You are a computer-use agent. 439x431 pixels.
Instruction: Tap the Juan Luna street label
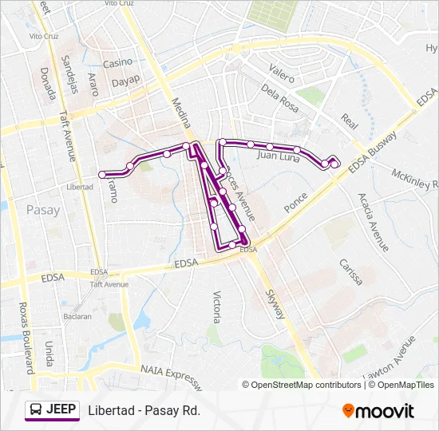[x=277, y=156]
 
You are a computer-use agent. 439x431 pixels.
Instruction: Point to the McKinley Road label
[x=414, y=180]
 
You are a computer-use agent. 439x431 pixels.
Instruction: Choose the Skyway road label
[x=275, y=304]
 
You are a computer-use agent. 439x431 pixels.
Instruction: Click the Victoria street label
[x=216, y=306]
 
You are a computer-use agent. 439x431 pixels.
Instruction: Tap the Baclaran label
[x=78, y=316]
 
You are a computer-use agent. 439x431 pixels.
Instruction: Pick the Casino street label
[x=117, y=62]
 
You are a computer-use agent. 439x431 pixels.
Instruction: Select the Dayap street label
[x=125, y=80]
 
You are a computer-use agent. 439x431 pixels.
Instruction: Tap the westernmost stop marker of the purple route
[x=102, y=174]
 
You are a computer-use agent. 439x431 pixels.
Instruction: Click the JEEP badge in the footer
[x=53, y=409]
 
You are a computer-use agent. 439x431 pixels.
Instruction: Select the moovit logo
[x=378, y=411]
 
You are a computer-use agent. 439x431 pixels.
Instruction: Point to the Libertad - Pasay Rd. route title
[x=144, y=410]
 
